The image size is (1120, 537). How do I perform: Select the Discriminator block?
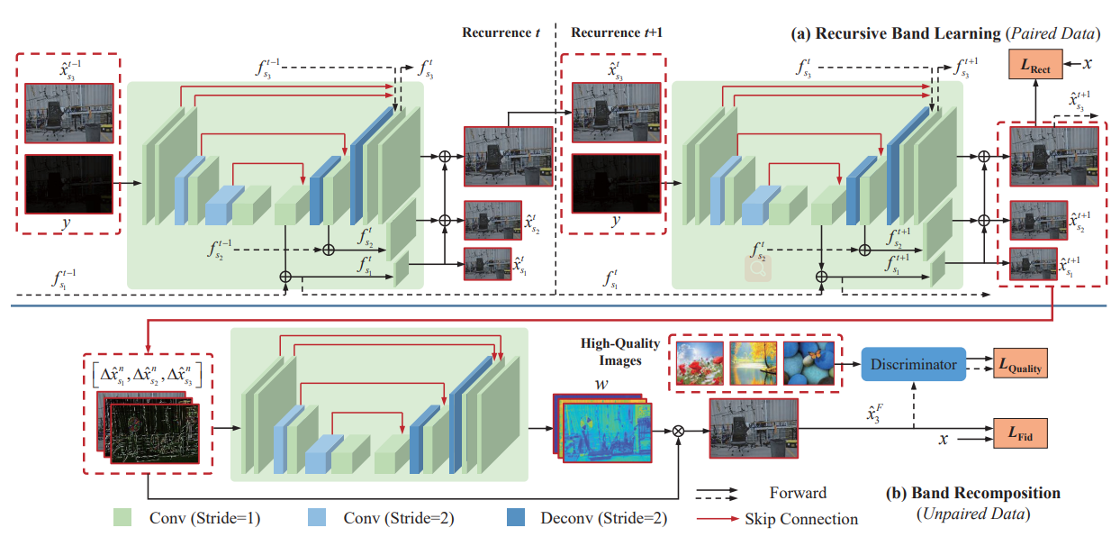(x=913, y=366)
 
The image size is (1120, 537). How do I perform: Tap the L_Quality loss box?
(x=1020, y=365)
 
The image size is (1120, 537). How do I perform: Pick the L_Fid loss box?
(x=1020, y=436)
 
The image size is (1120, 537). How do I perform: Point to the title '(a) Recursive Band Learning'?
(x=890, y=33)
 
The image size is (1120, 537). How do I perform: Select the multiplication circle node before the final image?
(x=679, y=432)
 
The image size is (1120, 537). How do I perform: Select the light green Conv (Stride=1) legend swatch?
(x=124, y=517)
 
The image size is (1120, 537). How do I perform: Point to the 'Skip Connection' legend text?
(x=801, y=518)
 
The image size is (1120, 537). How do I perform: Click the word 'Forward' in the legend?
(x=799, y=493)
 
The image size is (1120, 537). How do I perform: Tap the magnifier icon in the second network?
(x=754, y=266)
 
